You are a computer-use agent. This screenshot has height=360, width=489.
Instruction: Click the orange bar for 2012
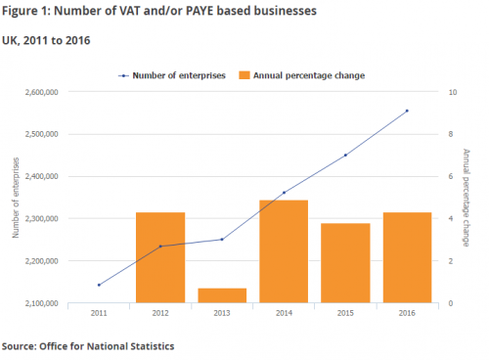[x=159, y=257]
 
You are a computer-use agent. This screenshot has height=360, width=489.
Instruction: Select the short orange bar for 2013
[x=222, y=295]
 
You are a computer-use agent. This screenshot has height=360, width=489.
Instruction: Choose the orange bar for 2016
[x=407, y=257]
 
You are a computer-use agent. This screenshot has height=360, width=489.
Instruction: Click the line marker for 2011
[x=99, y=285]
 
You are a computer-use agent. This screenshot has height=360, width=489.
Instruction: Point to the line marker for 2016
[x=407, y=111]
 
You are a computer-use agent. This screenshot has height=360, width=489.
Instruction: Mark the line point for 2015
[x=345, y=155]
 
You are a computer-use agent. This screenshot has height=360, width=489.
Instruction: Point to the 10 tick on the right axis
[x=452, y=92]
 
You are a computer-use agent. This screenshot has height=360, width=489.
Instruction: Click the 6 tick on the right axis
[x=450, y=176]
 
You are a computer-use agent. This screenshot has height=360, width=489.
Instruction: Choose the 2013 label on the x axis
[x=222, y=313]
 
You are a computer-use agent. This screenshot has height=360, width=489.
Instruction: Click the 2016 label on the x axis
[x=407, y=313]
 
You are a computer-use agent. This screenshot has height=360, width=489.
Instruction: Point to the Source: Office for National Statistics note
[x=87, y=346]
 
